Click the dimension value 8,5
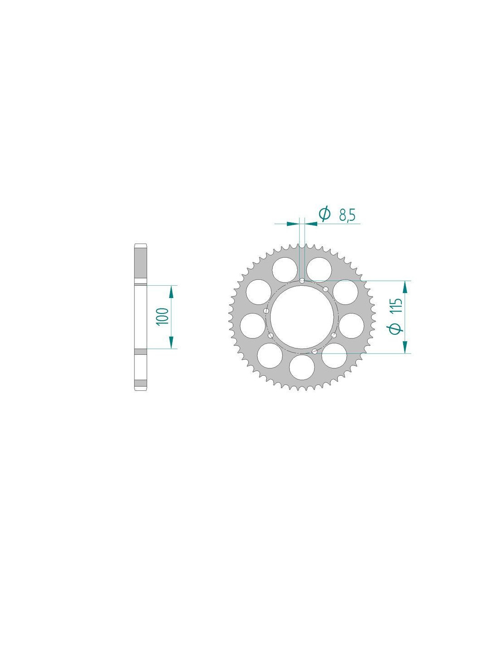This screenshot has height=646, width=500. point(347,214)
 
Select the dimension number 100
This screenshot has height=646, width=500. point(163,316)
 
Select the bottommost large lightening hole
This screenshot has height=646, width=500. point(302,367)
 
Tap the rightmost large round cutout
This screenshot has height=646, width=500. point(351,326)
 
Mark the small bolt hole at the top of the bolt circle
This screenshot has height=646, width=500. point(302,280)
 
